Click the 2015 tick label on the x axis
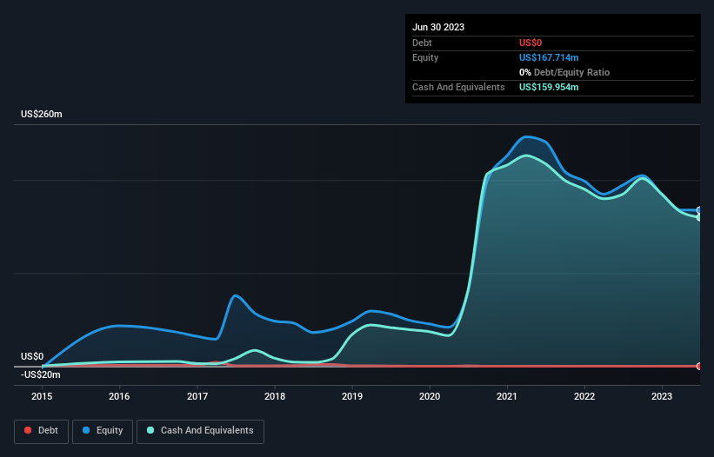(x=42, y=396)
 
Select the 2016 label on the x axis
(x=119, y=396)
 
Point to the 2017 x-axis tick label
(x=197, y=396)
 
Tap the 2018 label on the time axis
(x=275, y=396)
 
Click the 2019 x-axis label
(x=352, y=396)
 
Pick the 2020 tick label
(x=430, y=396)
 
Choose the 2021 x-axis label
(x=507, y=396)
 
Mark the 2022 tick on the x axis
(x=584, y=396)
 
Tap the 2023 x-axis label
(x=662, y=396)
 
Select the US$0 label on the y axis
(x=32, y=356)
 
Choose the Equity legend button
(x=103, y=431)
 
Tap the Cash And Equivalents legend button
(x=200, y=431)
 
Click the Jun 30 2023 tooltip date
(x=438, y=27)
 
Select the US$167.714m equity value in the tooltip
(x=549, y=57)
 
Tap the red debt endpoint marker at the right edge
(x=699, y=366)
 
